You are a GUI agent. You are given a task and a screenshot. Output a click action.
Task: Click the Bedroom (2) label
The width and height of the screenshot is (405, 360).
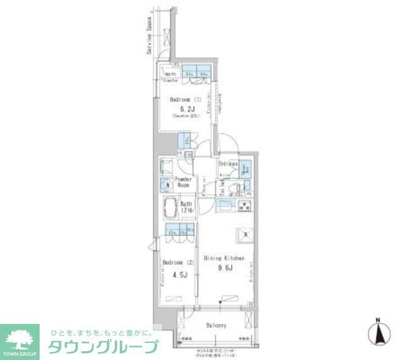173,262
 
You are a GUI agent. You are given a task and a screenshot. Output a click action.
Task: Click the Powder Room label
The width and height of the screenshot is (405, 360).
184,182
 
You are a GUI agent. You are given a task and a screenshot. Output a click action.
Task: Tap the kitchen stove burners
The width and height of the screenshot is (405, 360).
245,204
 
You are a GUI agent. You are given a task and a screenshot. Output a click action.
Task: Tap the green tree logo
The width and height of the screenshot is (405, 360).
20,335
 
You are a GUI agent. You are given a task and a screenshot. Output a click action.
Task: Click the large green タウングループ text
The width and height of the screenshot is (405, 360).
105,347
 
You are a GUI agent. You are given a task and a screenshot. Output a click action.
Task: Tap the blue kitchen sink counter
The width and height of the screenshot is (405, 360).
226,204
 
